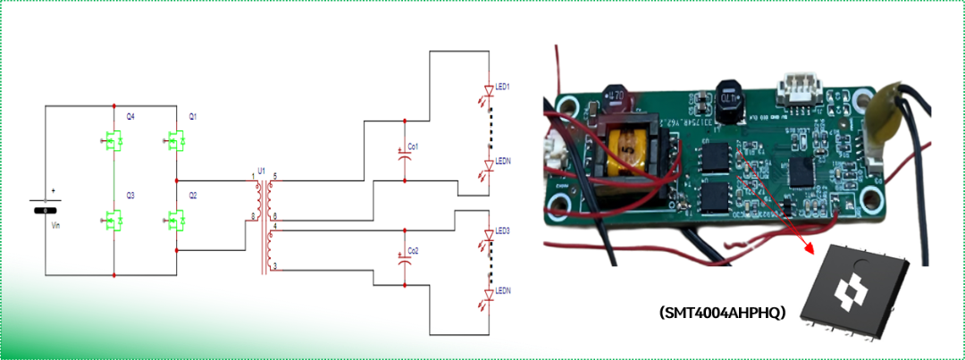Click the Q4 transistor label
(130, 117)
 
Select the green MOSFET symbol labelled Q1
(173, 141)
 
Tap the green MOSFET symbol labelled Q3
(113, 219)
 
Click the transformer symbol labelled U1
(262, 223)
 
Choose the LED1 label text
(502, 87)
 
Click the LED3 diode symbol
(489, 242)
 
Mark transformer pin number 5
(275, 175)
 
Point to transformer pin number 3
(274, 266)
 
